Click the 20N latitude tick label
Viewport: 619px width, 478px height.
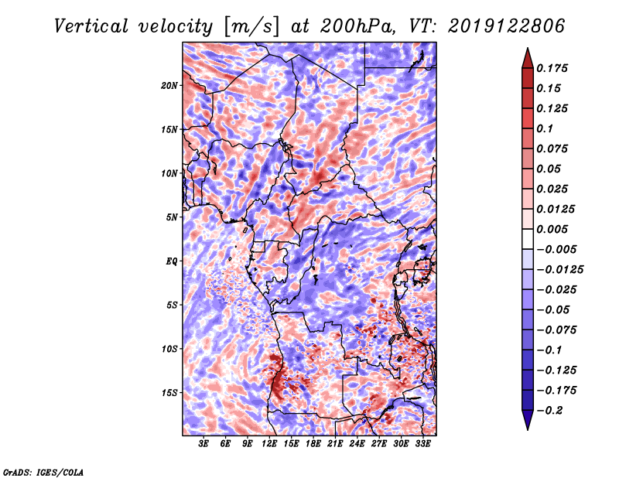pyautogui.click(x=169, y=85)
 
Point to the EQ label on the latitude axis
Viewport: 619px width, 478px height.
pyautogui.click(x=171, y=261)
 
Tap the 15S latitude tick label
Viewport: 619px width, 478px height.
pyautogui.click(x=169, y=393)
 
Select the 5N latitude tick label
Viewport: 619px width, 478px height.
pyautogui.click(x=172, y=217)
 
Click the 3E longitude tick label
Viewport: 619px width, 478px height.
pyautogui.click(x=204, y=443)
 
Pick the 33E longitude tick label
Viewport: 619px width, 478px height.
pyautogui.click(x=423, y=443)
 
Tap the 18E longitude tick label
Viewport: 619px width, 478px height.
pyautogui.click(x=313, y=443)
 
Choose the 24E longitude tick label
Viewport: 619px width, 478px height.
pyautogui.click(x=357, y=443)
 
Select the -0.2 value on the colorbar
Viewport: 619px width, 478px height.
pyautogui.click(x=552, y=411)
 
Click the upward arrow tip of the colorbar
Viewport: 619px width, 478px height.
pyautogui.click(x=527, y=50)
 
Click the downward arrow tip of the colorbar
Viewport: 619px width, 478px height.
pyautogui.click(x=527, y=428)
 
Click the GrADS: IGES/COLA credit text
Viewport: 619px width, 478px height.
pyautogui.click(x=43, y=471)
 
